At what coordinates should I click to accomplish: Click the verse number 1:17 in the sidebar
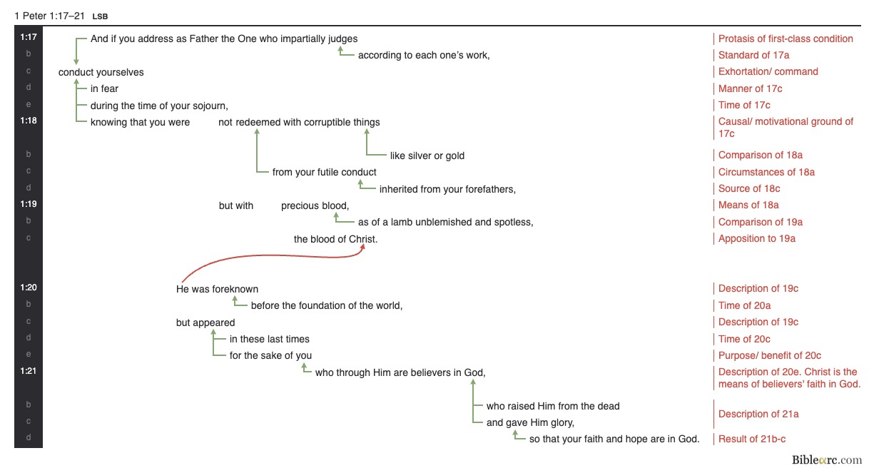[x=29, y=37]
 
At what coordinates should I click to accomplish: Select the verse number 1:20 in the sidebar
[x=29, y=288]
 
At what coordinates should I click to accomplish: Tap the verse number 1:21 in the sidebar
[x=29, y=371]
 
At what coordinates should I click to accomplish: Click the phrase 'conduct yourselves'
[x=101, y=72]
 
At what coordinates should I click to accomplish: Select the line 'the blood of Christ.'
[x=335, y=239]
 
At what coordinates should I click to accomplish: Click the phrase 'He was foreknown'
[x=217, y=289]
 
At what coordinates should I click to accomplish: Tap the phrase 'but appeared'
[x=205, y=322]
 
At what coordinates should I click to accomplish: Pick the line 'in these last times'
[x=270, y=339]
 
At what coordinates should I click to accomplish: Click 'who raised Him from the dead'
[x=553, y=406]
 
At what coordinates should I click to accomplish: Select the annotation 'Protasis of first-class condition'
[x=786, y=39]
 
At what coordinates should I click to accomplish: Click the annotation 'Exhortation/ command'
[x=768, y=71]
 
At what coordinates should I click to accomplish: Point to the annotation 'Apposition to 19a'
[x=756, y=238]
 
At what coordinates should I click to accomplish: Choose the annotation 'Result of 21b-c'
[x=752, y=439]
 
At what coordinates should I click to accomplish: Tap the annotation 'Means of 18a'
[x=748, y=205]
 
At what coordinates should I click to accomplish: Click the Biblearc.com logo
[x=826, y=460]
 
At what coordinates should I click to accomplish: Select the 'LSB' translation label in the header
[x=100, y=16]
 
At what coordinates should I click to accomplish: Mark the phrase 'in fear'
[x=104, y=88]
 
